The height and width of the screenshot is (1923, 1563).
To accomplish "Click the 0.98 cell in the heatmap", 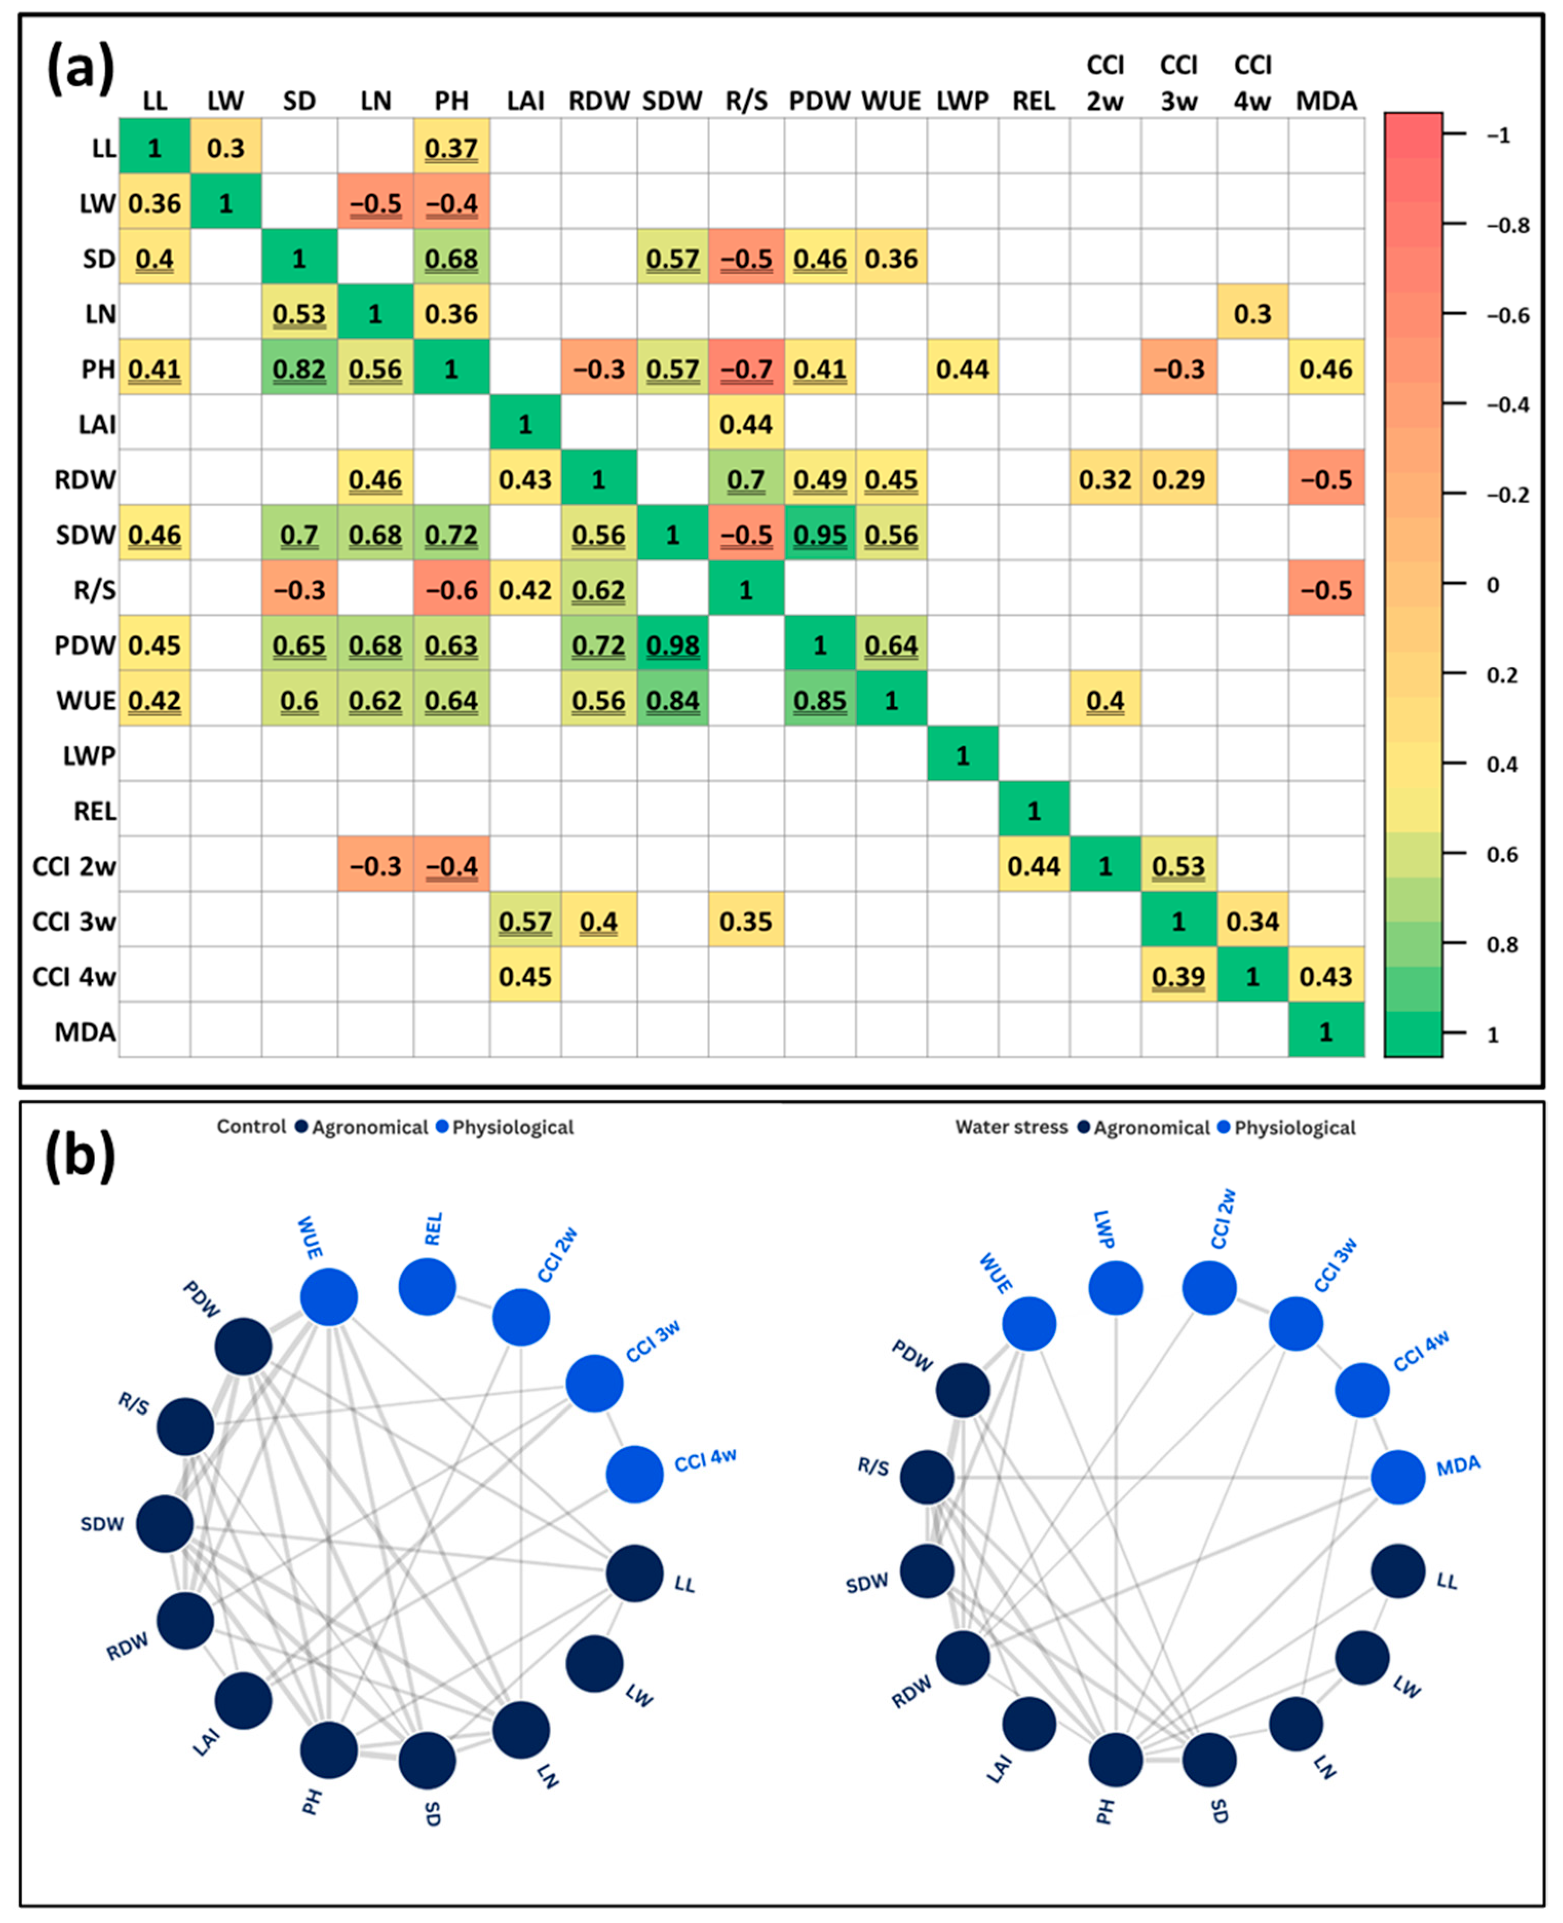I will (x=673, y=645).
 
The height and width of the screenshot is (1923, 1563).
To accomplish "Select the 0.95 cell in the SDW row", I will (x=819, y=535).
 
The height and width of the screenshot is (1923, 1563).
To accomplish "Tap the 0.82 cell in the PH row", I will (x=299, y=369).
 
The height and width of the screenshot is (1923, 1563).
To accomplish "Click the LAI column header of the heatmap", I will (x=525, y=101).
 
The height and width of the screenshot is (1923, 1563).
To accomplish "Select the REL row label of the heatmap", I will (x=94, y=811).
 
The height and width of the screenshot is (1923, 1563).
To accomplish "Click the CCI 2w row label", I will (x=74, y=866).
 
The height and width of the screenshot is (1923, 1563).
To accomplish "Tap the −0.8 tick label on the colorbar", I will (x=1507, y=225).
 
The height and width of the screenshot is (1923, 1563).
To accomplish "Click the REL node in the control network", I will (x=427, y=1286).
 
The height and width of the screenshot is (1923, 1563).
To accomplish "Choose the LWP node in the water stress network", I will (x=1116, y=1287).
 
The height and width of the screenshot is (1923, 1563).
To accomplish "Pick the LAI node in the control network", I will (x=244, y=1701).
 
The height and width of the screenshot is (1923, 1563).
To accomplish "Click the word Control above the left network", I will (x=251, y=1126).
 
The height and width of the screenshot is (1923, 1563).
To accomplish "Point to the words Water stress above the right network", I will (x=1011, y=1126).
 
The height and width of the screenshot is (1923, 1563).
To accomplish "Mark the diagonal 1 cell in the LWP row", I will (x=962, y=755).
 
